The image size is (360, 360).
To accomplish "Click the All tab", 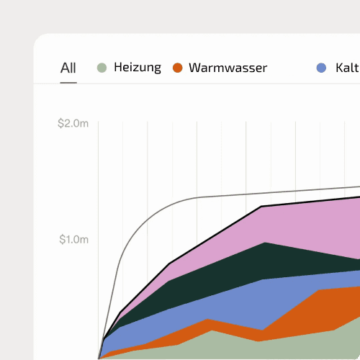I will click(68, 68).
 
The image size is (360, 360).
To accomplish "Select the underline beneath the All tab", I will click(68, 83).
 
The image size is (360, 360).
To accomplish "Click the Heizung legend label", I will click(138, 68).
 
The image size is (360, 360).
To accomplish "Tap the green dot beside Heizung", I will click(102, 68).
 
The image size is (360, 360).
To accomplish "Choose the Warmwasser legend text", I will click(228, 68).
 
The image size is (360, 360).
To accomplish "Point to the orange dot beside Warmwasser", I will click(178, 68).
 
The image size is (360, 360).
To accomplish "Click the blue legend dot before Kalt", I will click(322, 68).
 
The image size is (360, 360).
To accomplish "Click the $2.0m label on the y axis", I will click(73, 124).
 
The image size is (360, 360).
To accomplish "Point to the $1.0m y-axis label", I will click(73, 240).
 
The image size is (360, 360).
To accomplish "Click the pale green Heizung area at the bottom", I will click(216, 346).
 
